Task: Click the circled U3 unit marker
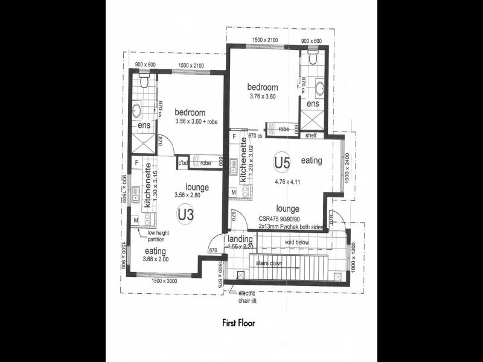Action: [185, 214]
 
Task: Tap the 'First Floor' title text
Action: [238, 323]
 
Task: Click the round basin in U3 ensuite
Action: [138, 111]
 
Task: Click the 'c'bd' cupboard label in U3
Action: [183, 163]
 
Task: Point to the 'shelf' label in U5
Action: [311, 135]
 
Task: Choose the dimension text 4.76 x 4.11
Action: [287, 180]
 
